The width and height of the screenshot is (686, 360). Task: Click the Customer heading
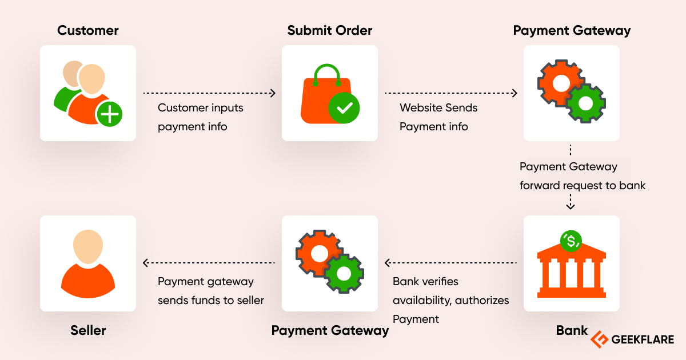(87, 30)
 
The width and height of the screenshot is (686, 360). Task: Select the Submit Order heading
(329, 30)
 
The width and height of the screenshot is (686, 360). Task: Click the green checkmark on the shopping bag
(344, 107)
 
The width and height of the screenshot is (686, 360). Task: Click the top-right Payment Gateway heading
(572, 30)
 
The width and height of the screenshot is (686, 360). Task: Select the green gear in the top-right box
(586, 103)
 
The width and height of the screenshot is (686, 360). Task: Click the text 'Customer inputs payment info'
(200, 117)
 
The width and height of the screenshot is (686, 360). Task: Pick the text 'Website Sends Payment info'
(438, 117)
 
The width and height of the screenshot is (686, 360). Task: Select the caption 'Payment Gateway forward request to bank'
(582, 176)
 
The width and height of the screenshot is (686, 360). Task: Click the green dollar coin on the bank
(571, 241)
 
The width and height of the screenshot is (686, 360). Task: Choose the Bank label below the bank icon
(572, 330)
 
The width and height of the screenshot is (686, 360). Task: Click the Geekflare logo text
(643, 339)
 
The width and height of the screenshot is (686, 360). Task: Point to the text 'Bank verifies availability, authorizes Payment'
(450, 300)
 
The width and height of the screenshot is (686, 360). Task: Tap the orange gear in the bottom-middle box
(318, 253)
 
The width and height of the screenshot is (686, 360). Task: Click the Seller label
(88, 330)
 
